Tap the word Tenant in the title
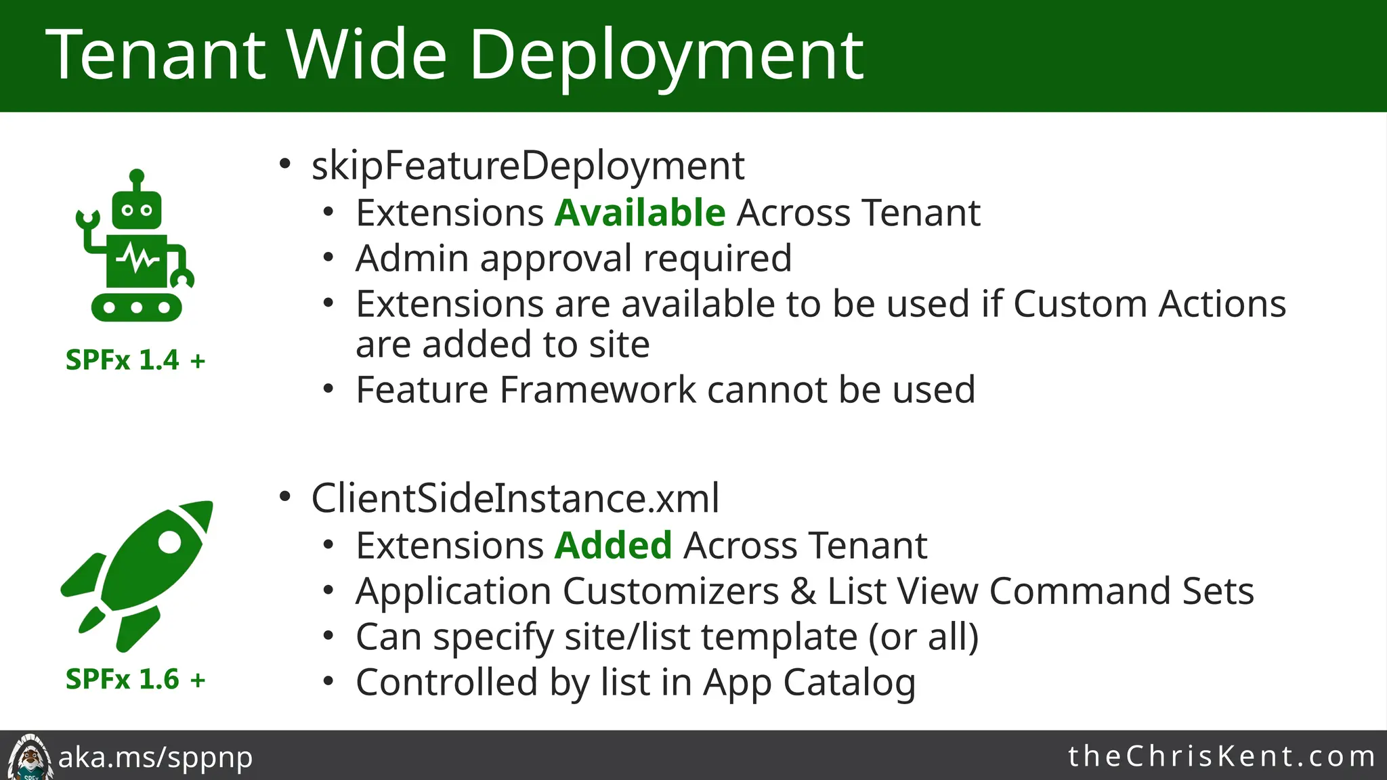[x=156, y=56]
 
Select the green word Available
[x=640, y=213]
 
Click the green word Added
[x=613, y=545]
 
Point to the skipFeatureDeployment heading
[x=528, y=165]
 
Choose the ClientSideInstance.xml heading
[x=515, y=498]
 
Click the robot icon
[x=135, y=247]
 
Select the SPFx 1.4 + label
[x=135, y=360]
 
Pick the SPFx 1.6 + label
[x=135, y=678]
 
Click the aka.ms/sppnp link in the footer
[x=155, y=757]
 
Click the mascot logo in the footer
[x=28, y=757]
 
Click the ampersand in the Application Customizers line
[x=803, y=591]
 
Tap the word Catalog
[x=849, y=682]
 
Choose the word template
[x=779, y=636]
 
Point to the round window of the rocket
[x=169, y=542]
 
